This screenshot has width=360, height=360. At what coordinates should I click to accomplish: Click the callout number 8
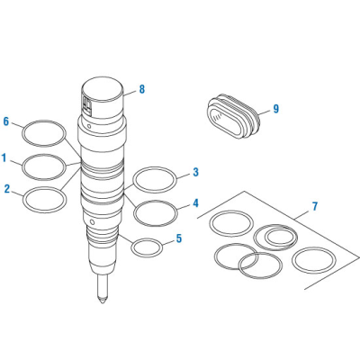[141, 89]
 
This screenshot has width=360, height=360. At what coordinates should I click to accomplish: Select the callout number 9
[275, 109]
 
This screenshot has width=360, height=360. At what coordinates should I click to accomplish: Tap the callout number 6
[6, 121]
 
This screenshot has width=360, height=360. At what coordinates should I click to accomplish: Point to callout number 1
[4, 159]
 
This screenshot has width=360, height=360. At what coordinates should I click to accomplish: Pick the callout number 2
[7, 189]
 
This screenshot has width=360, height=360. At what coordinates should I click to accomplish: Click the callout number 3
[196, 171]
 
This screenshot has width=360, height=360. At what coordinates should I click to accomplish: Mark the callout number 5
[178, 238]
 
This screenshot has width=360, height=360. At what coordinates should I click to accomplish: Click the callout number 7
[315, 207]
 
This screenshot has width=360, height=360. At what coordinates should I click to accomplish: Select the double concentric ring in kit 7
[275, 238]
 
